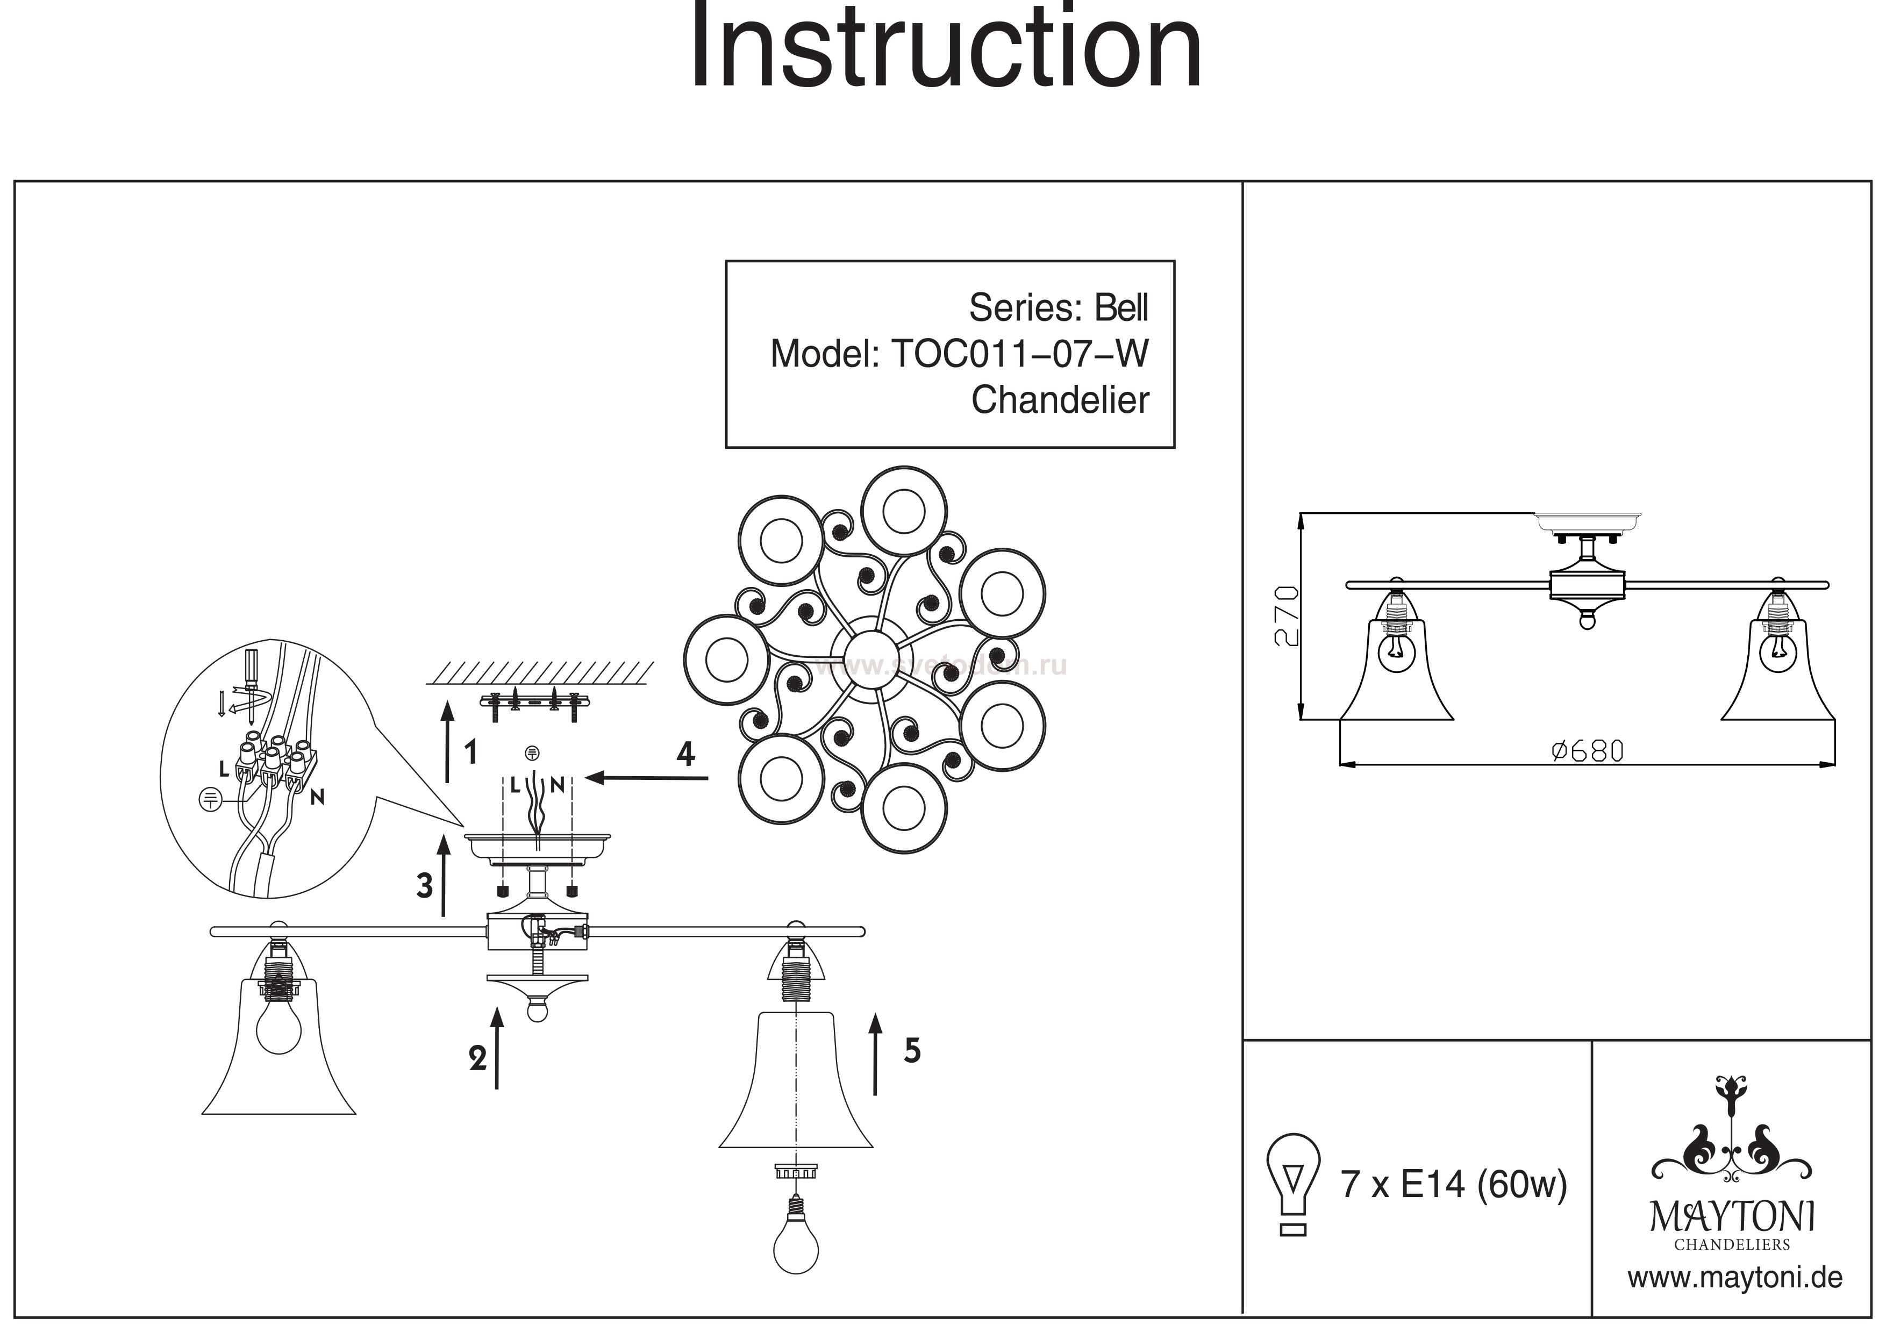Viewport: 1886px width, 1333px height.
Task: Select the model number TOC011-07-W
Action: click(1019, 354)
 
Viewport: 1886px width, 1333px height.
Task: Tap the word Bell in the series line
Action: click(1121, 308)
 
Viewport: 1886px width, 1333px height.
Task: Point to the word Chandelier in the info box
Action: click(1060, 401)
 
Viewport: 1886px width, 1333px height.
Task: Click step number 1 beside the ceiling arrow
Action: click(470, 751)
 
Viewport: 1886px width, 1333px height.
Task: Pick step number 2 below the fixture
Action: click(477, 1059)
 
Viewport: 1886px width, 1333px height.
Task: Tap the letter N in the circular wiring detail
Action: click(317, 796)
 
